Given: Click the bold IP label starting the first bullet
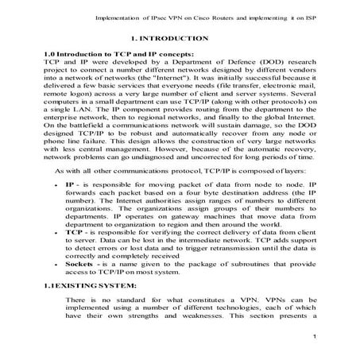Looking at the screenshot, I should click(70, 205).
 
